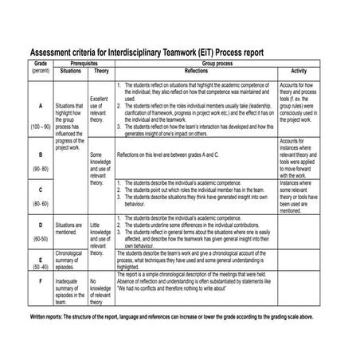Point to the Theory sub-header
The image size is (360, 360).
pos(101,70)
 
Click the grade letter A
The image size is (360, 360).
pos(41,106)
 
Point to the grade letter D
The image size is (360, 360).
pos(41,225)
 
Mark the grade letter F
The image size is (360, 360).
pos(41,281)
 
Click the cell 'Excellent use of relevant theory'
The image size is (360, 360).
pos(100,109)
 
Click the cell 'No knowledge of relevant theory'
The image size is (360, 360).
pos(100,291)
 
